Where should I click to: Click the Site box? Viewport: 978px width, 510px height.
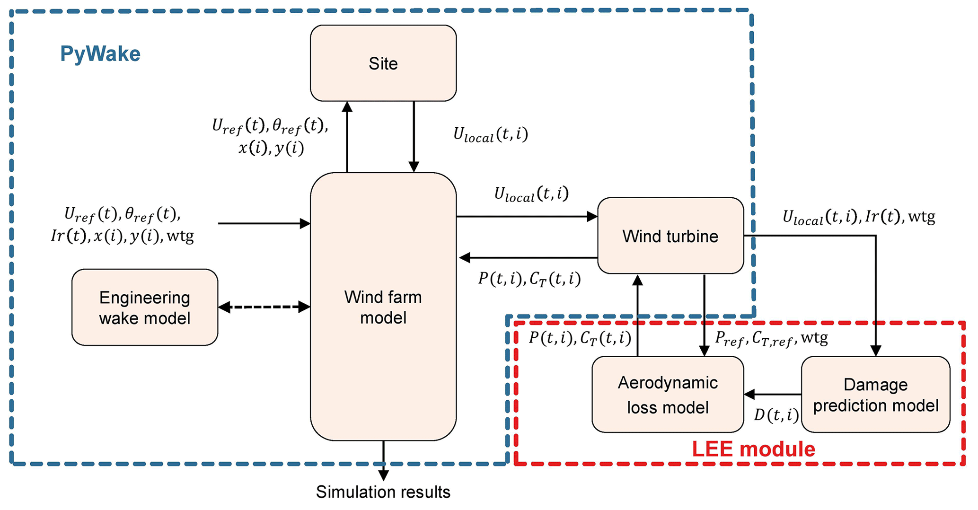point(383,63)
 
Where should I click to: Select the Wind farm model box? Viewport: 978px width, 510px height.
point(383,307)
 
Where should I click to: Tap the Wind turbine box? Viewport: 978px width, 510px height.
point(670,236)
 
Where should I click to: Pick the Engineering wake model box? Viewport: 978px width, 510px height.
point(145,308)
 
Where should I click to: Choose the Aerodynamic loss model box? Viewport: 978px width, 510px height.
point(668,395)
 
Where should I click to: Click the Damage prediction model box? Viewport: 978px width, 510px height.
point(875,395)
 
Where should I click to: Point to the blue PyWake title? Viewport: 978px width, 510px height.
point(100,54)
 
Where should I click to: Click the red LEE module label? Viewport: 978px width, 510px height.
point(753,449)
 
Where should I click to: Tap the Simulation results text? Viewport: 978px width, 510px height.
point(383,492)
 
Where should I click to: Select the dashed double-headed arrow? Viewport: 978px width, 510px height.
point(264,307)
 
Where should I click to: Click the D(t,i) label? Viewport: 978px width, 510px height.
point(776,415)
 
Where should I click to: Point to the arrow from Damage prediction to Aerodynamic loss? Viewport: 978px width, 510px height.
point(773,394)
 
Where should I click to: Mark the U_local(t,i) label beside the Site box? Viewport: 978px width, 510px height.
point(490,134)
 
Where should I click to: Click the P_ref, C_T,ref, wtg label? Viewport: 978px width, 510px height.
point(771,338)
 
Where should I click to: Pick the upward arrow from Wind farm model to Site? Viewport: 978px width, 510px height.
point(347,137)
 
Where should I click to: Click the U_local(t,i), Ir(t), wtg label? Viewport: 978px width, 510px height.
point(858,217)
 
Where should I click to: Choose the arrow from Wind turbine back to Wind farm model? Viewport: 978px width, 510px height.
point(528,258)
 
